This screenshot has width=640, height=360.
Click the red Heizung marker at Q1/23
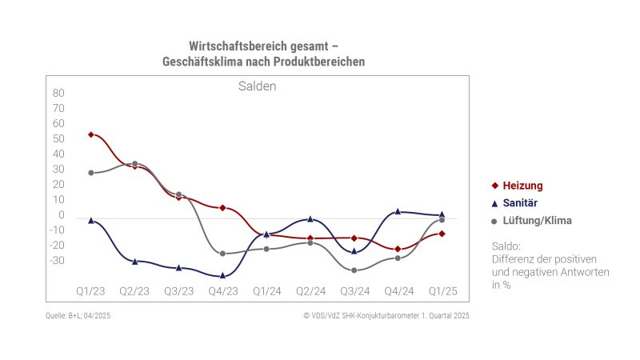pos(91,134)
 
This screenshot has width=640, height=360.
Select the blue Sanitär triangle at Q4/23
pos(222,275)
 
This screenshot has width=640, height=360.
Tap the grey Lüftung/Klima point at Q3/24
pos(354,270)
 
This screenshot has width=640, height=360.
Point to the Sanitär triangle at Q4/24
pos(398,211)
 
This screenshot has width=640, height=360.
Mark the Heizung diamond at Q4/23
pos(222,208)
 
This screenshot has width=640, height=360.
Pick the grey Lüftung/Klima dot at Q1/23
pos(91,173)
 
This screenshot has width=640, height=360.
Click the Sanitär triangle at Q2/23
pos(134,262)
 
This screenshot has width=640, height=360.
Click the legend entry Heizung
pos(522,186)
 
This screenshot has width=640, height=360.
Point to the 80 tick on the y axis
pos(58,93)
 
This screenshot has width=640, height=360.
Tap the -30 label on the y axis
pos(56,261)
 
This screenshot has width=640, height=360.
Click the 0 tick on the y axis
pos(60,215)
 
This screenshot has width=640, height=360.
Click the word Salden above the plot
pos(257,86)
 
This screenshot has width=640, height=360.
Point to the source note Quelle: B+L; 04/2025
pos(78,316)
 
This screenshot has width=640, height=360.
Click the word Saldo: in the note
pos(506,246)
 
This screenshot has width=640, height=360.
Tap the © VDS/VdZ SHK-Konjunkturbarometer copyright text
pos(386,316)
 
